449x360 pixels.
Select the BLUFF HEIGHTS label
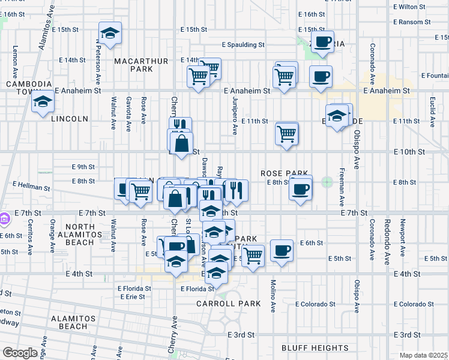click(x=315, y=347)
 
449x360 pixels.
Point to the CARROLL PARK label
click(x=229, y=304)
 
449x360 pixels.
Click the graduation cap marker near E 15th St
click(x=110, y=34)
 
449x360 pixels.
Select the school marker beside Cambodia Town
click(x=43, y=102)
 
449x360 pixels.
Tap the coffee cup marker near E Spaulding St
click(x=322, y=42)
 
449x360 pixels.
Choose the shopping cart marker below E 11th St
click(x=288, y=133)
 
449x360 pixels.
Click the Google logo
click(x=20, y=353)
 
